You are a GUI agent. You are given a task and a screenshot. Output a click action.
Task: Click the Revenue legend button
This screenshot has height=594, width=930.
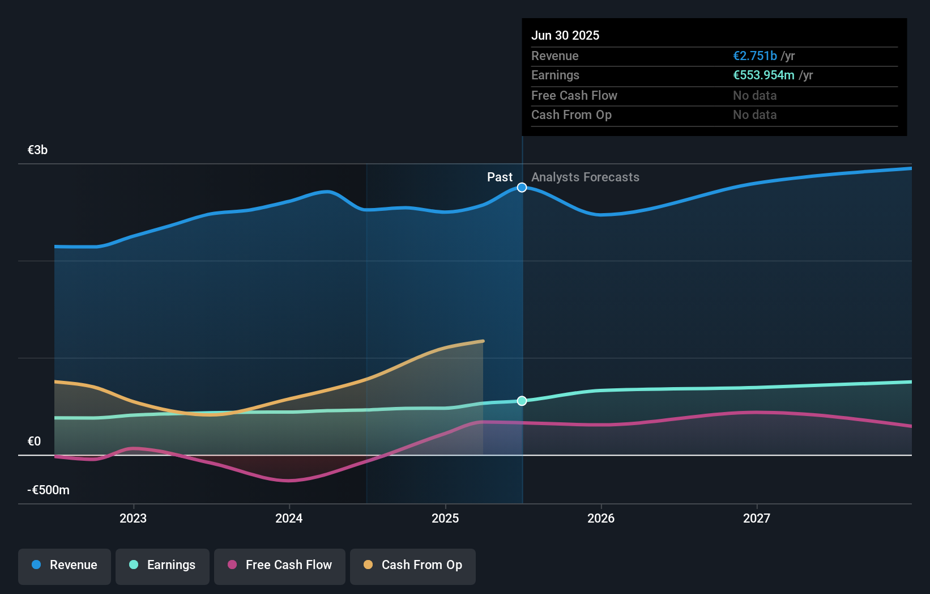(65, 566)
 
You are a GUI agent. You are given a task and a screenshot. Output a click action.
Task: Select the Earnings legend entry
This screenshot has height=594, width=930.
(163, 566)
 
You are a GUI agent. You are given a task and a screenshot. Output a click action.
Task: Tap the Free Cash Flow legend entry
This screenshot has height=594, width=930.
(280, 566)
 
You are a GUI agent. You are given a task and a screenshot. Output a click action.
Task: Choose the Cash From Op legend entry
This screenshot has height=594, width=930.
(413, 566)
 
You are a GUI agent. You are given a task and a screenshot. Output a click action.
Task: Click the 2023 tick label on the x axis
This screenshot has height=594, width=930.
(133, 519)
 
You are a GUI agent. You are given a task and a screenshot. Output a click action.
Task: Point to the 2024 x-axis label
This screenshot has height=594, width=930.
(289, 519)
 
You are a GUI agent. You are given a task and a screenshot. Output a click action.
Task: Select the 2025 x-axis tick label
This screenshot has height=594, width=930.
(445, 519)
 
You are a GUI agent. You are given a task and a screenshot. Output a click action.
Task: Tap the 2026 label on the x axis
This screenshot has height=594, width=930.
(601, 519)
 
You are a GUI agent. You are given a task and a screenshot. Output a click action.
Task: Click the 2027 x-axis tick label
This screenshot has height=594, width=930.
(757, 519)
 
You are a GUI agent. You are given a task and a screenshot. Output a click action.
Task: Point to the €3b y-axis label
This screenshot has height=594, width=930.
(38, 150)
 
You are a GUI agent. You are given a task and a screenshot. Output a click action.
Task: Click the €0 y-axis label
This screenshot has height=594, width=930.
(35, 442)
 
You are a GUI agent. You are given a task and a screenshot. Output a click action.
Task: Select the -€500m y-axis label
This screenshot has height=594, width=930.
(49, 490)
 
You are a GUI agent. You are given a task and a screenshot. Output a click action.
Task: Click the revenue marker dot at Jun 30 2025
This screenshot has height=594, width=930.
(522, 188)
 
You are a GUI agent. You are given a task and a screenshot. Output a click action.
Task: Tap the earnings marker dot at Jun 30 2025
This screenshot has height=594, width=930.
(522, 401)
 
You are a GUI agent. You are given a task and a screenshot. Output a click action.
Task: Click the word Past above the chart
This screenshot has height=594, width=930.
(500, 177)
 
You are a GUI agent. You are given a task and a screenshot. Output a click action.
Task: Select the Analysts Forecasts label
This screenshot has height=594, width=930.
(585, 177)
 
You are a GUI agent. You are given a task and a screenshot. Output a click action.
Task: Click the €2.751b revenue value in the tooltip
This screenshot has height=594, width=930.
(755, 56)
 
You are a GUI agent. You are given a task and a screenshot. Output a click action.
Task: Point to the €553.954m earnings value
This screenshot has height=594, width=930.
(763, 75)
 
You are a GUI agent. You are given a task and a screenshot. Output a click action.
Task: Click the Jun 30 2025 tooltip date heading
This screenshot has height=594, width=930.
(565, 36)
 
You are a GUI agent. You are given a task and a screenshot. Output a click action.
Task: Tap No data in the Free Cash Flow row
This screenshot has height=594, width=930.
(755, 96)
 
